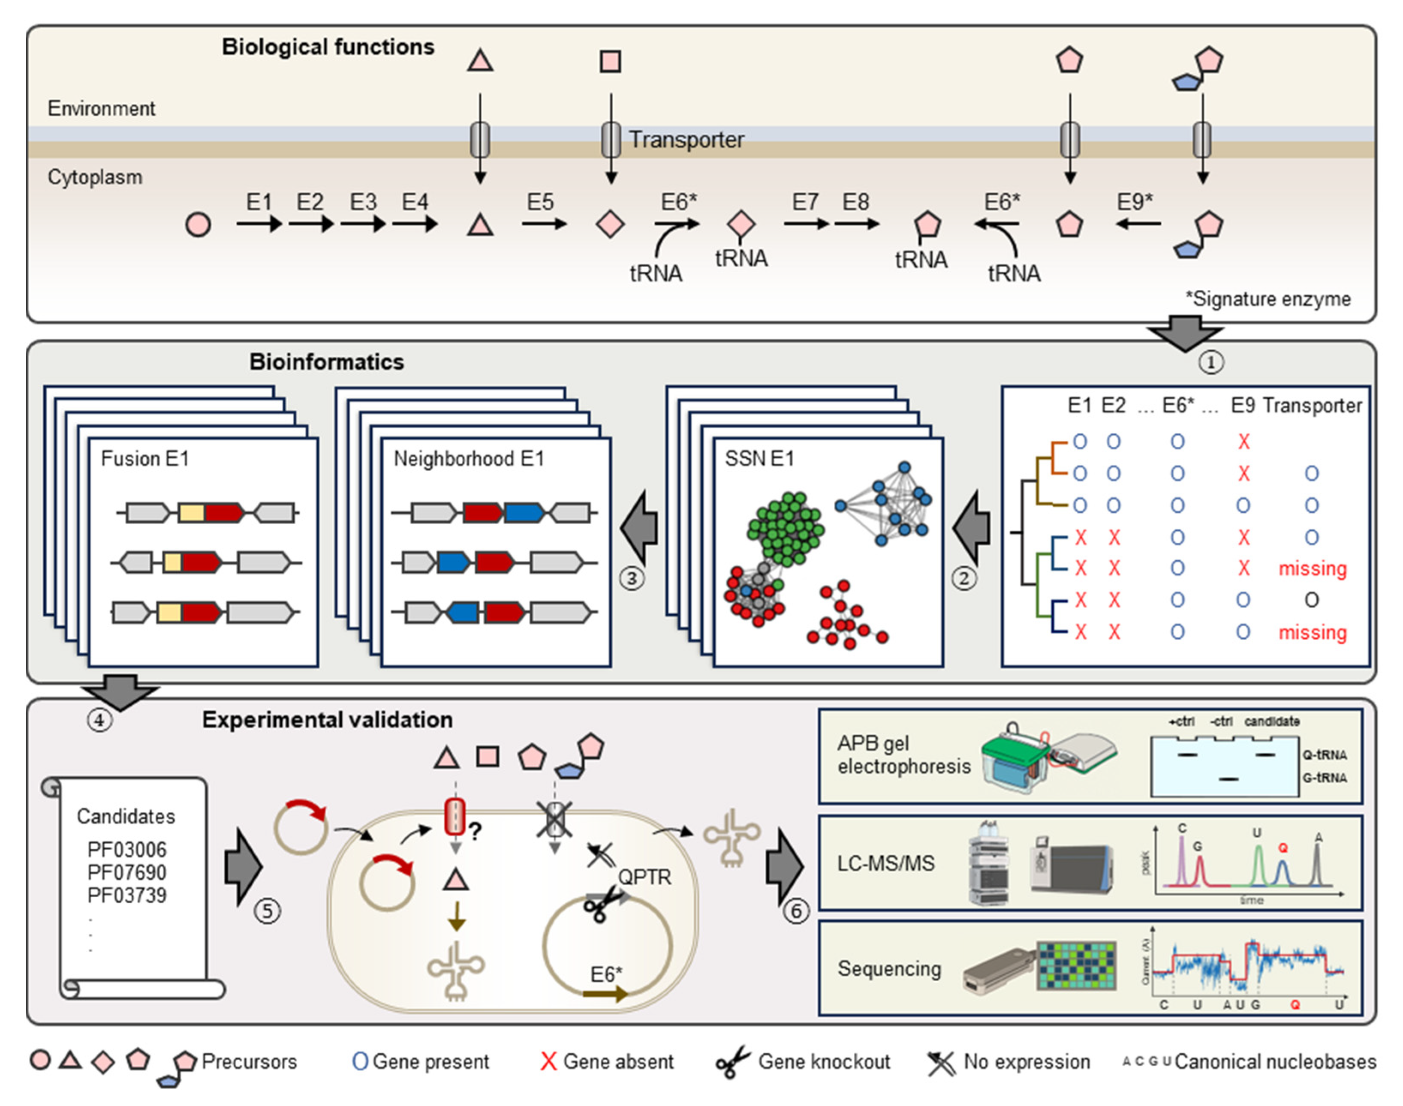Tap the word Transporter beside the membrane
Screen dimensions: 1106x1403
(686, 140)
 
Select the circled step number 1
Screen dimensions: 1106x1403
(1210, 362)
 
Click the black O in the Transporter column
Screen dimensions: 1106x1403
(1311, 600)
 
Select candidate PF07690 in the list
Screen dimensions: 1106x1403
(127, 872)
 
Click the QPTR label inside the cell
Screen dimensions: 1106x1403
(644, 878)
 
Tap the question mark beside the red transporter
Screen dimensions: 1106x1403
(476, 832)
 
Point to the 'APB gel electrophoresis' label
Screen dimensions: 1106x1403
(903, 755)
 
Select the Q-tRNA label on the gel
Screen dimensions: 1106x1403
(1324, 755)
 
